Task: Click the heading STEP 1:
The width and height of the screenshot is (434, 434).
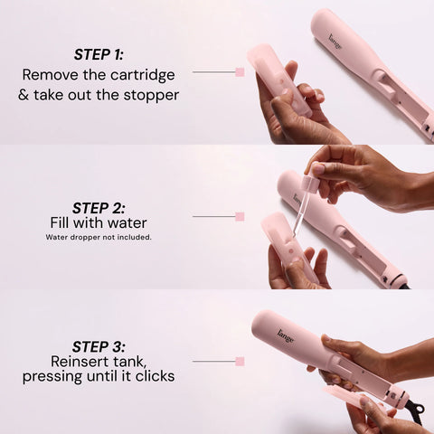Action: point(99,54)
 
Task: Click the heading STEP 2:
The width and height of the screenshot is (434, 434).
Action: point(99,208)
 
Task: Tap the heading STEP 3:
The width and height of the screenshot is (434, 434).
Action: point(99,346)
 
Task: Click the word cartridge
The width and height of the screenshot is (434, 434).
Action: point(143,76)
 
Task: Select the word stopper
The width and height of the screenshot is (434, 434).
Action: point(151,96)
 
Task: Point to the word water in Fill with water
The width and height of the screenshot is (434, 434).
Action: point(127,223)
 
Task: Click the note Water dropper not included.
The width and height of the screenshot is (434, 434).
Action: point(99,237)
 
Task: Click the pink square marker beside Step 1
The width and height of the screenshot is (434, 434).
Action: point(240,72)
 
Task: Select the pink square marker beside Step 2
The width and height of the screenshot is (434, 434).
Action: point(240,216)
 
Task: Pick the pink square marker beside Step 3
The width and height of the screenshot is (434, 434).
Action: point(240,361)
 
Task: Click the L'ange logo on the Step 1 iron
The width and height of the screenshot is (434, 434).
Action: point(335,42)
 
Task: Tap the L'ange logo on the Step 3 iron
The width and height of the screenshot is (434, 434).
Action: point(285,335)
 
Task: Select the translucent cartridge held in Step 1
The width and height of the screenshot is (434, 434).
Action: point(278,80)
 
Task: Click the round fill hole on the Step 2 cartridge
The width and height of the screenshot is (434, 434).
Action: point(291,250)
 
